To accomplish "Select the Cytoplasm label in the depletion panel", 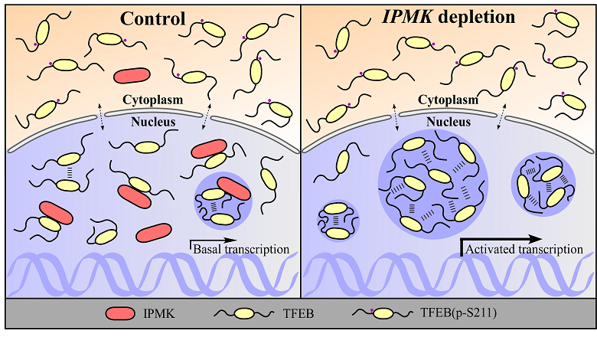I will coord(449,100).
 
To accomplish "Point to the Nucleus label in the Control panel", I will coord(152,121).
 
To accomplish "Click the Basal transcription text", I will coord(240,249).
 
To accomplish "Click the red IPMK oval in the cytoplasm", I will coord(131,74).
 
